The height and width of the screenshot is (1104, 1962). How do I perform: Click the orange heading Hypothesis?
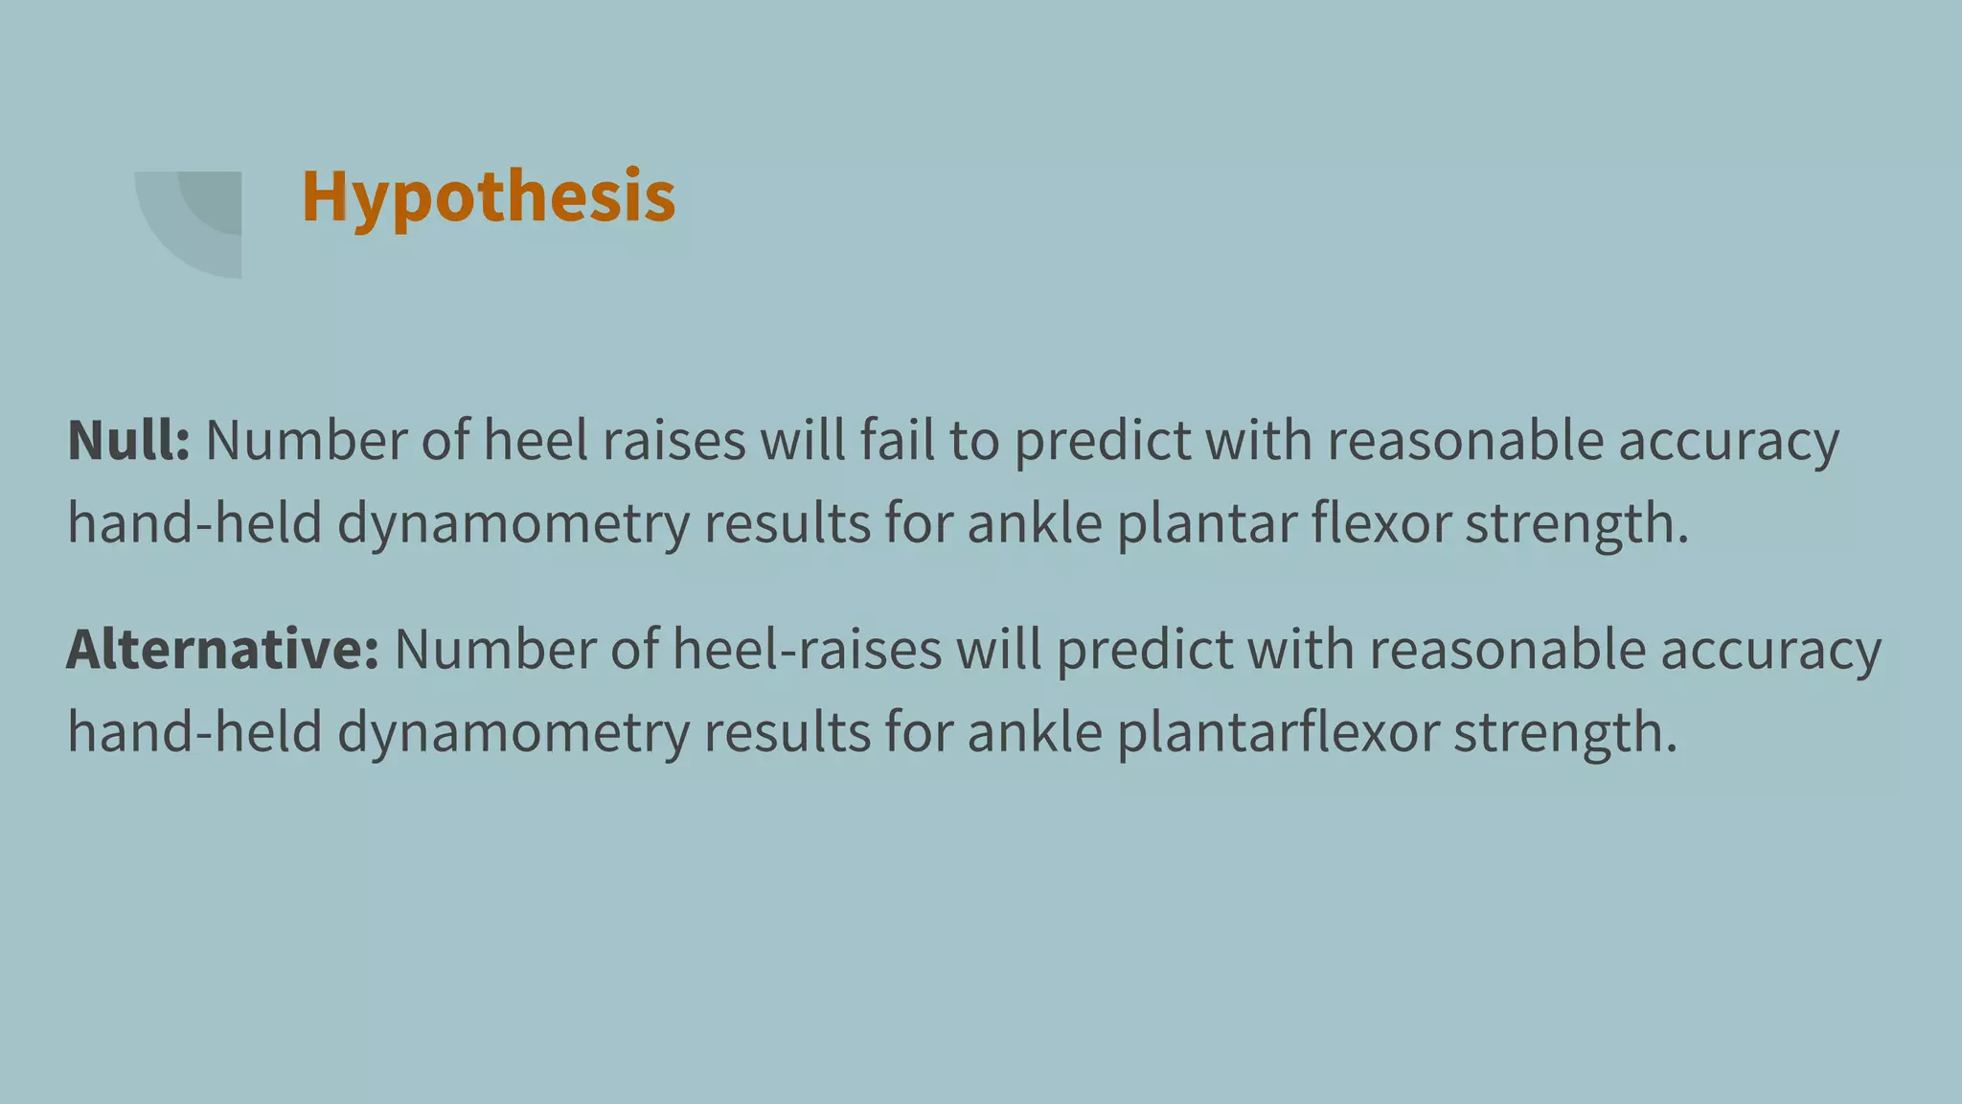tap(489, 196)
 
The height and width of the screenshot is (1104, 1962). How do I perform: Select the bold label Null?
tap(128, 441)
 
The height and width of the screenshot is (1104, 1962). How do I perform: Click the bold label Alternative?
tap(222, 650)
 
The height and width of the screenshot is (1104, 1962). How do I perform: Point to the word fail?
tap(897, 441)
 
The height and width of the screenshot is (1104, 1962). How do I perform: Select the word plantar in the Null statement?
tap(1206, 524)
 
